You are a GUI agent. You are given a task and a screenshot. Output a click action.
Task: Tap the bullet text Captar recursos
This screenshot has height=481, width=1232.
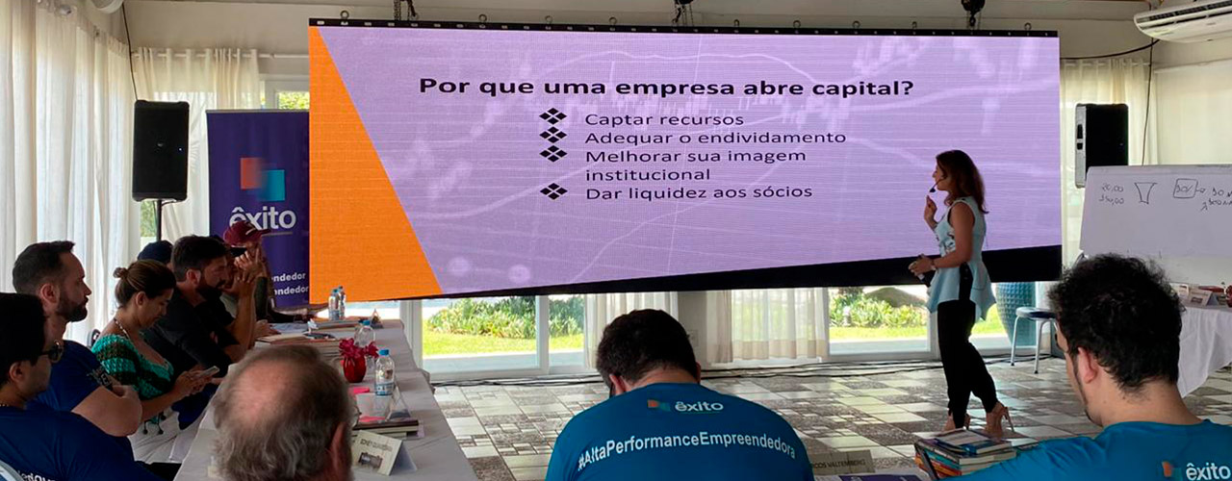click(663, 119)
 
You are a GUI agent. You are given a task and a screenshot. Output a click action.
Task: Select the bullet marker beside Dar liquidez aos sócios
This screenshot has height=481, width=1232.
click(552, 191)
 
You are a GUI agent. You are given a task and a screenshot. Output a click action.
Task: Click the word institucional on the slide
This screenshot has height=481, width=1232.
click(647, 174)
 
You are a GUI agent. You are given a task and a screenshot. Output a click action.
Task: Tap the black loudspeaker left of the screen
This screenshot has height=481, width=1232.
click(160, 150)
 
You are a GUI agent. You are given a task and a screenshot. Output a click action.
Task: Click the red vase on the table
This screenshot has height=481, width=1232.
click(353, 363)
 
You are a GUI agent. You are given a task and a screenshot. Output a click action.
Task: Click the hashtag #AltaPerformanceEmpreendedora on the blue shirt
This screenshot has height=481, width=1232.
click(685, 447)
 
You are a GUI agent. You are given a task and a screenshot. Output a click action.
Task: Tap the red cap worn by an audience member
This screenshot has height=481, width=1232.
click(242, 232)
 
